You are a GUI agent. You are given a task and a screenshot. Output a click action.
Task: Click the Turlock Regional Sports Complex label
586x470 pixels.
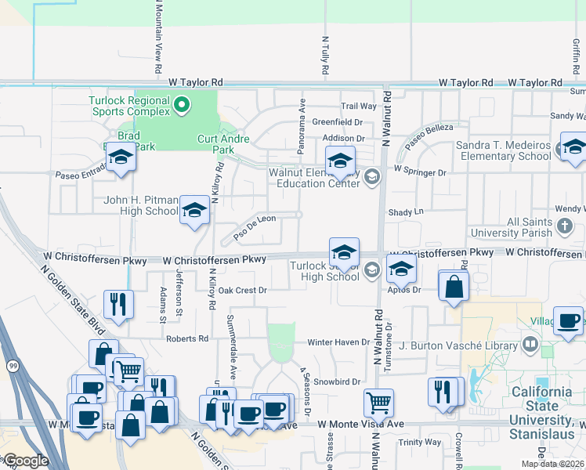pos(128,106)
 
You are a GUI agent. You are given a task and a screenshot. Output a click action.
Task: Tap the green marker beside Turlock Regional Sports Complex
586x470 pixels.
pos(182,104)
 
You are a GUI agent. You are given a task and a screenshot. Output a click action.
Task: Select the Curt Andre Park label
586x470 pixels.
pos(223,144)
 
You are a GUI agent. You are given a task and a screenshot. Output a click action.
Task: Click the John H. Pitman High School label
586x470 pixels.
pos(141,205)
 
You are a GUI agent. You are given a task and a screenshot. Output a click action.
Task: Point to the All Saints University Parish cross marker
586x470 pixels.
pos(566,227)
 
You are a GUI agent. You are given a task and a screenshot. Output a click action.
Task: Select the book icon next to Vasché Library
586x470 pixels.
pos(530,345)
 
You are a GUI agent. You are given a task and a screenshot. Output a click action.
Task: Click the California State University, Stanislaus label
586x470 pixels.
pos(541,406)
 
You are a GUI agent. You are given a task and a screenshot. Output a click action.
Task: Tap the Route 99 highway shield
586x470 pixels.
pos(13,366)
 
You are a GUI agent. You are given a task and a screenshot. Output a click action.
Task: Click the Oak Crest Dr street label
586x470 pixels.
pos(243,291)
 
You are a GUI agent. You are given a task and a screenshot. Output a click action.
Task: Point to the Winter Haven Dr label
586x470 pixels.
pos(338,342)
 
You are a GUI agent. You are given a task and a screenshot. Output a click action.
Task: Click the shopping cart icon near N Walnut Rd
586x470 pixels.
pos(378,403)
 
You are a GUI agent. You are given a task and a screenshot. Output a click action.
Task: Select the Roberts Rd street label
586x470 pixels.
pos(187,338)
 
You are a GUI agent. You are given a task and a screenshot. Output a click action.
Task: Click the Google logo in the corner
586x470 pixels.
pos(27,461)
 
